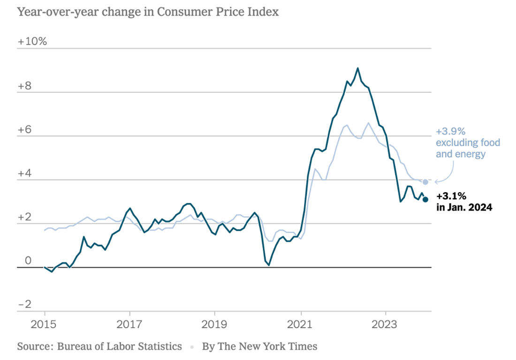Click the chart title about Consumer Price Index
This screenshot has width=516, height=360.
click(148, 12)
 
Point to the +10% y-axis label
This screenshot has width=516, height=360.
click(32, 41)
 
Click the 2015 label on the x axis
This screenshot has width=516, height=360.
click(45, 324)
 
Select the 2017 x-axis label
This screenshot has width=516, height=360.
click(129, 324)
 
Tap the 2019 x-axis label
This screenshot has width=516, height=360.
click(214, 324)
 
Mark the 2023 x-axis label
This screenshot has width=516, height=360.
click(386, 324)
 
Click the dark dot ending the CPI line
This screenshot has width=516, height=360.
click(425, 199)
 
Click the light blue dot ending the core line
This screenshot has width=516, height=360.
click(425, 182)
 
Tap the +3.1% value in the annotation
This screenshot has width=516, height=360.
click(451, 196)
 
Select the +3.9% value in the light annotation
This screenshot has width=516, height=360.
click(450, 131)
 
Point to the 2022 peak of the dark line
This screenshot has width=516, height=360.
click(358, 68)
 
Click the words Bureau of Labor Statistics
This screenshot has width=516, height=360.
click(119, 347)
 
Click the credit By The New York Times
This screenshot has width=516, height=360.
click(259, 347)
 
